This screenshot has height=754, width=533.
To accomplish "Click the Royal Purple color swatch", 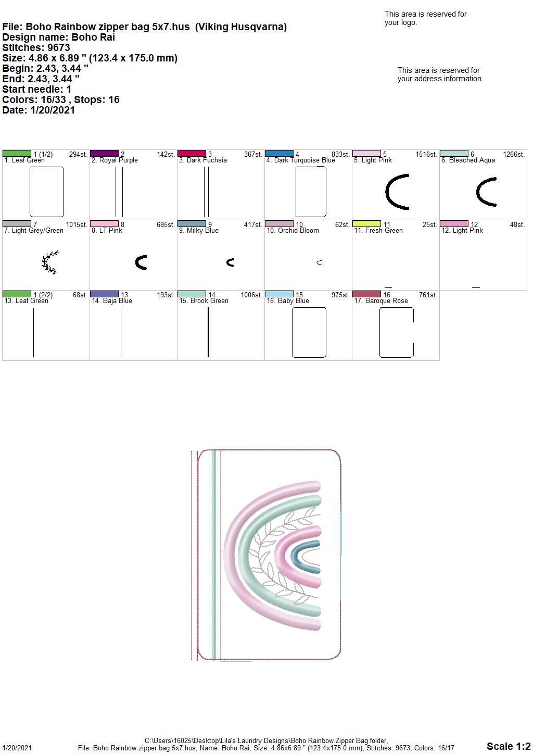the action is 104,154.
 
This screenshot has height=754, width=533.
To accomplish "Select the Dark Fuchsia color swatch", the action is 192,154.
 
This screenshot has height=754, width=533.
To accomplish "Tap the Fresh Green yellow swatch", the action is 366,224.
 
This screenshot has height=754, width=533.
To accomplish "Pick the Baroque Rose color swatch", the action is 366,294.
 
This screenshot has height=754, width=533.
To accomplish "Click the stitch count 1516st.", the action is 426,155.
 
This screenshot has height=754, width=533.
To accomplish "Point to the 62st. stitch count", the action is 342,225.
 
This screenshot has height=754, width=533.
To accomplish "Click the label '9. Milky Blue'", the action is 198,231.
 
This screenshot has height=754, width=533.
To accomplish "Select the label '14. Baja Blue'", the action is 112,301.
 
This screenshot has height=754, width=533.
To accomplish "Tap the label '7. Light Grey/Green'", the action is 34,231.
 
